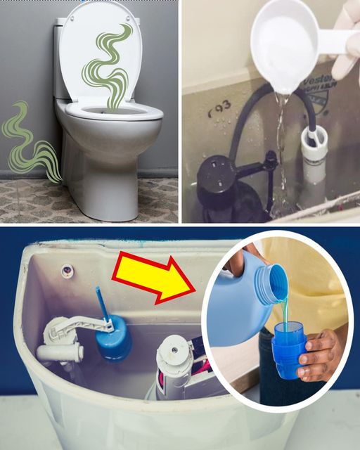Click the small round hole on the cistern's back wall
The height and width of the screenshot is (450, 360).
(67, 269)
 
